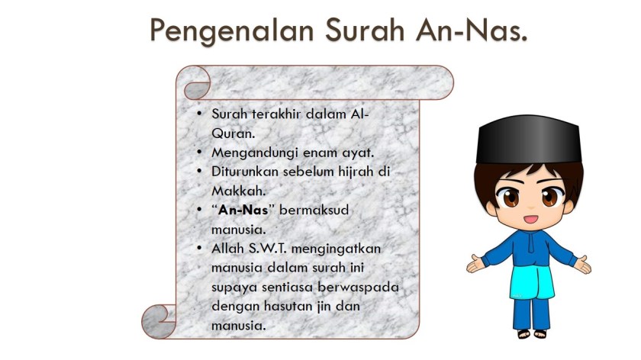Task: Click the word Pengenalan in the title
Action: click(x=231, y=31)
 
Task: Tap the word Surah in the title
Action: click(x=365, y=30)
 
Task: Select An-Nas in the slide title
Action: click(x=472, y=30)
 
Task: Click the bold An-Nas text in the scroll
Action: click(x=243, y=210)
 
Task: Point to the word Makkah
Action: click(x=238, y=191)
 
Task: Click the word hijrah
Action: click(x=356, y=172)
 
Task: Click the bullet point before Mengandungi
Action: click(x=199, y=153)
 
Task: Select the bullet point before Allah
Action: click(x=199, y=248)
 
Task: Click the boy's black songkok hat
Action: click(x=529, y=140)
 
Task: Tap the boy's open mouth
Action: click(x=530, y=219)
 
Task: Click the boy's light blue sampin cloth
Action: click(x=532, y=282)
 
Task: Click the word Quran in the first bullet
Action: click(x=233, y=133)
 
